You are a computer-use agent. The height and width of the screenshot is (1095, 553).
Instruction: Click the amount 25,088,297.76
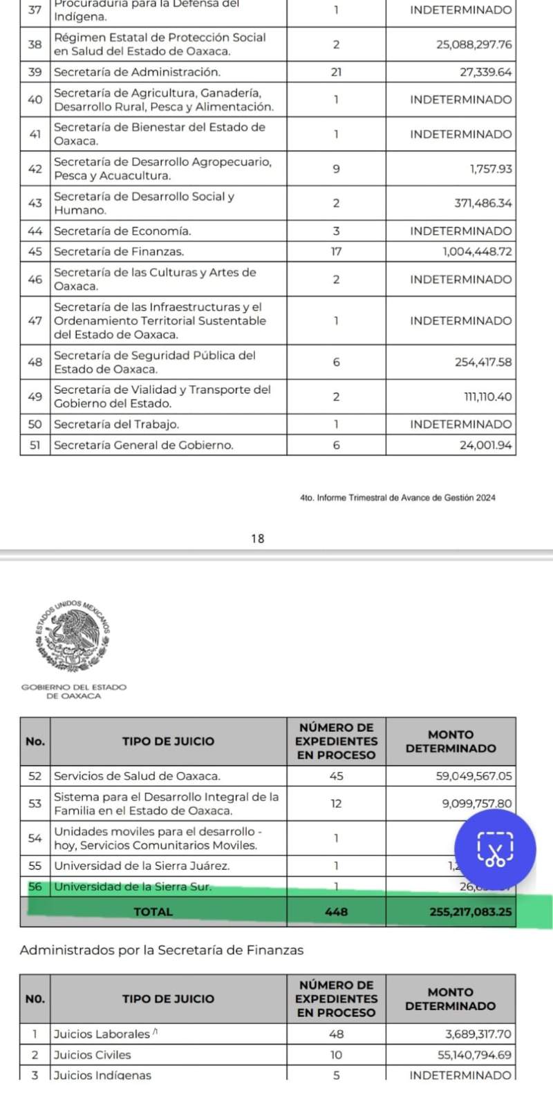coord(474,44)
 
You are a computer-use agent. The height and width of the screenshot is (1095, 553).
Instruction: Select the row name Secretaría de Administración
coord(137,72)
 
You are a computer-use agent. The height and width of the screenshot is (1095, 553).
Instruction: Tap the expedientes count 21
coord(336,72)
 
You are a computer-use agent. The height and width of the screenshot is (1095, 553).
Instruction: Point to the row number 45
coord(35,251)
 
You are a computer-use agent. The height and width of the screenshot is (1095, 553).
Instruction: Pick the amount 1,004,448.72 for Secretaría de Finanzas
coord(478,251)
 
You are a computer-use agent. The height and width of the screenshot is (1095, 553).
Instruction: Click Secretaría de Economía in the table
coord(122,231)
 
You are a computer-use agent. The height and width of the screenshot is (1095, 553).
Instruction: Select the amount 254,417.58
coord(483,362)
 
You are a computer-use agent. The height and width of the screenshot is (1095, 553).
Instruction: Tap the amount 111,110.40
coord(487,396)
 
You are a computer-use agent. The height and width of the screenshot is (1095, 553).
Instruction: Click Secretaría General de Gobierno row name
coord(143,445)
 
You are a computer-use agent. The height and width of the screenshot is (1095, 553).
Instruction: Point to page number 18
coord(258,539)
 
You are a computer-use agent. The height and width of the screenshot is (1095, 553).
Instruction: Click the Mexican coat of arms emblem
coord(73,636)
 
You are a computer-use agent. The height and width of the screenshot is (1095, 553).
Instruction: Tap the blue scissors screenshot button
coord(495,849)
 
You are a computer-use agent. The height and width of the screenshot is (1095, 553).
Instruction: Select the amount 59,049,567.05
coord(474,775)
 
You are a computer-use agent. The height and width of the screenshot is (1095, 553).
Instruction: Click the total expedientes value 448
coord(336,911)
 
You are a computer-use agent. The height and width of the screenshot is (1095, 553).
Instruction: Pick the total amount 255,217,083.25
coord(471,911)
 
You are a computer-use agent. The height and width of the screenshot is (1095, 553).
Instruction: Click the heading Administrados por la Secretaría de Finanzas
coord(162,950)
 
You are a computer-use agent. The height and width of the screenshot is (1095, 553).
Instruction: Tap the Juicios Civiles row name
coord(92,1054)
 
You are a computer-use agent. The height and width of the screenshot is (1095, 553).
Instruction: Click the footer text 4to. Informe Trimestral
coord(397,497)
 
